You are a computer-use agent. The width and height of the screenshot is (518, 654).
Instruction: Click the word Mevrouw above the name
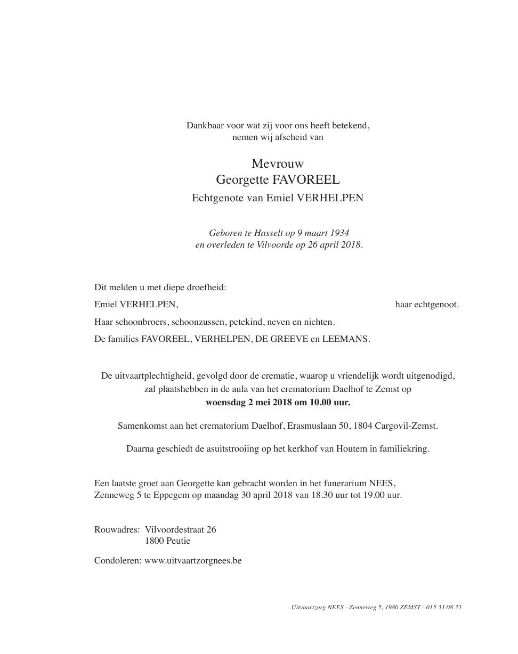pyautogui.click(x=277, y=163)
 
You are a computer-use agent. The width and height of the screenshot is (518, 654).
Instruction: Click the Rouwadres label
pyautogui.click(x=117, y=529)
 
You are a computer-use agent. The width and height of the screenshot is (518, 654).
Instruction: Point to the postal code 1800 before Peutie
pyautogui.click(x=154, y=541)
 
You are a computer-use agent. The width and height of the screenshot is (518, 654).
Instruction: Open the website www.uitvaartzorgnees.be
pyautogui.click(x=193, y=560)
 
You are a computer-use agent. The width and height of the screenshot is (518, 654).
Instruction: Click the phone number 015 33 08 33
pyautogui.click(x=444, y=607)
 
